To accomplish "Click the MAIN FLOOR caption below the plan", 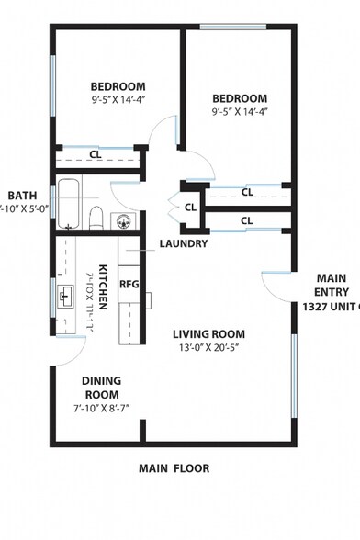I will tap(174, 468).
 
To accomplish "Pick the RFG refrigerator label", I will tap(129, 284).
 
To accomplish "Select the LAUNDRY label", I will tap(183, 244).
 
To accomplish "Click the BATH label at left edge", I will tap(22, 196).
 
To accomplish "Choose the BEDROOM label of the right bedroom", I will tap(240, 98).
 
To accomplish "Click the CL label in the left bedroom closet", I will tap(96, 154).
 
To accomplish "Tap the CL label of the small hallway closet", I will tap(190, 208).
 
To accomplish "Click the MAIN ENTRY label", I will tap(331, 285).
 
